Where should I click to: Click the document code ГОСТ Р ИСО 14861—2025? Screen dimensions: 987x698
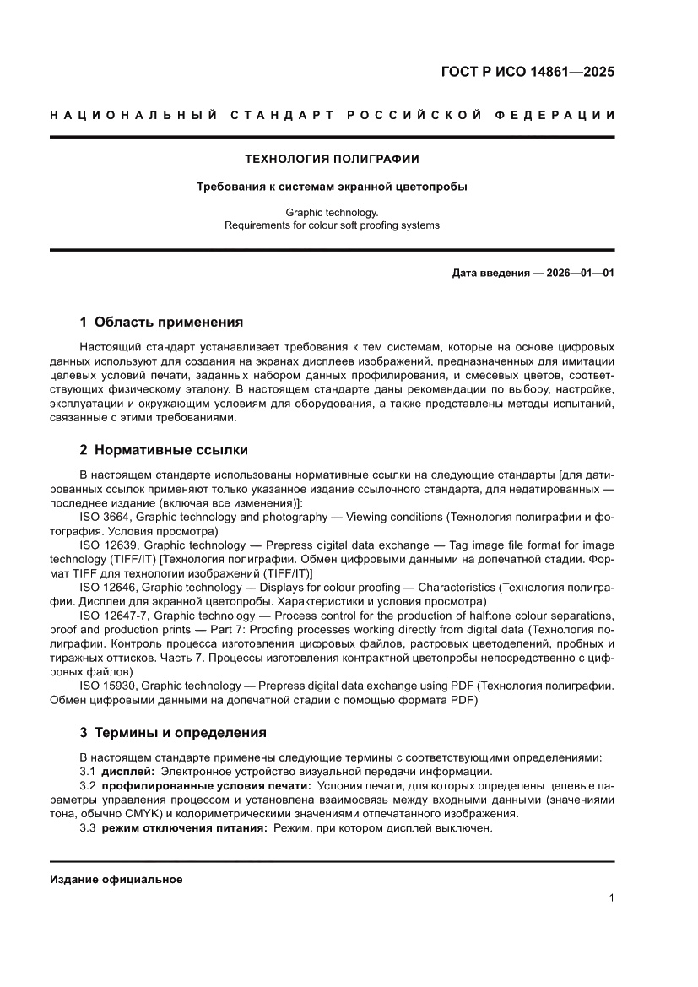click(x=528, y=72)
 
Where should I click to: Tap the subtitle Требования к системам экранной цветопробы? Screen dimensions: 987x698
click(x=332, y=187)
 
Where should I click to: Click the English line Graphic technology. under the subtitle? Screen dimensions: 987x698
click(x=332, y=214)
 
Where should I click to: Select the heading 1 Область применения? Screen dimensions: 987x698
click(x=161, y=322)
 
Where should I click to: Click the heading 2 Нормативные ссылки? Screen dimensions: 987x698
click(x=164, y=450)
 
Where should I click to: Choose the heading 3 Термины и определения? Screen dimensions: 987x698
click(x=173, y=732)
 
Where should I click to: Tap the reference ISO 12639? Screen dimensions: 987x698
click(x=112, y=545)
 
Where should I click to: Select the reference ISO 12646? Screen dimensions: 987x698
click(x=112, y=587)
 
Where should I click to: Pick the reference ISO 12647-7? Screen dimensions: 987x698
click(x=116, y=615)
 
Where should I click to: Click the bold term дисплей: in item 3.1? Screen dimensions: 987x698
click(x=128, y=772)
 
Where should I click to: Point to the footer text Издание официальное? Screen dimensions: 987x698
click(x=116, y=880)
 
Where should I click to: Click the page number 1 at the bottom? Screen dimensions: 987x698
click(x=610, y=898)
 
